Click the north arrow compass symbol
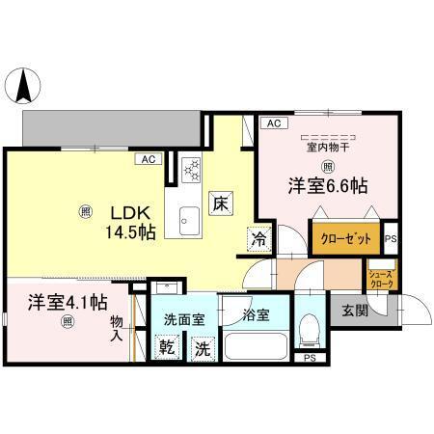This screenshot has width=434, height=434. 23,89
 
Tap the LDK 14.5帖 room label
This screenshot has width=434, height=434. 127,222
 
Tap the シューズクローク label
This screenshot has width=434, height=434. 379,279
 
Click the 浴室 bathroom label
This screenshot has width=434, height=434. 256,313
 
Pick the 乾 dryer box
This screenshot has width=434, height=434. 166,348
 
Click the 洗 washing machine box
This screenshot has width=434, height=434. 203,348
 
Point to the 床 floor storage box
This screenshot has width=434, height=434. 220,203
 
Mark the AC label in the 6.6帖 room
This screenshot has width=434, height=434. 273,123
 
